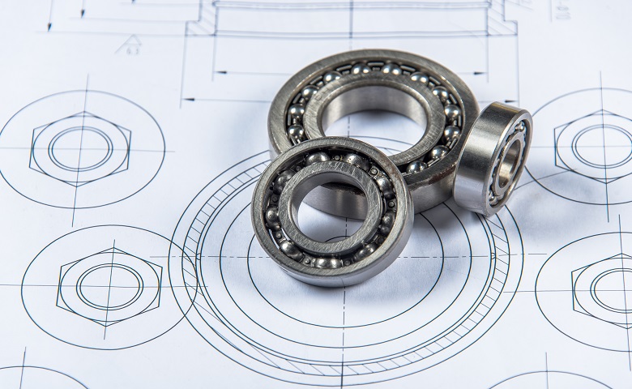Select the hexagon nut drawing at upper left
(x=80, y=149)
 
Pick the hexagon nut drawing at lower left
(x=109, y=286)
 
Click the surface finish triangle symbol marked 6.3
(x=129, y=45)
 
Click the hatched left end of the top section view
(x=202, y=20)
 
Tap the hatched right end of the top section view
(x=501, y=20)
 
